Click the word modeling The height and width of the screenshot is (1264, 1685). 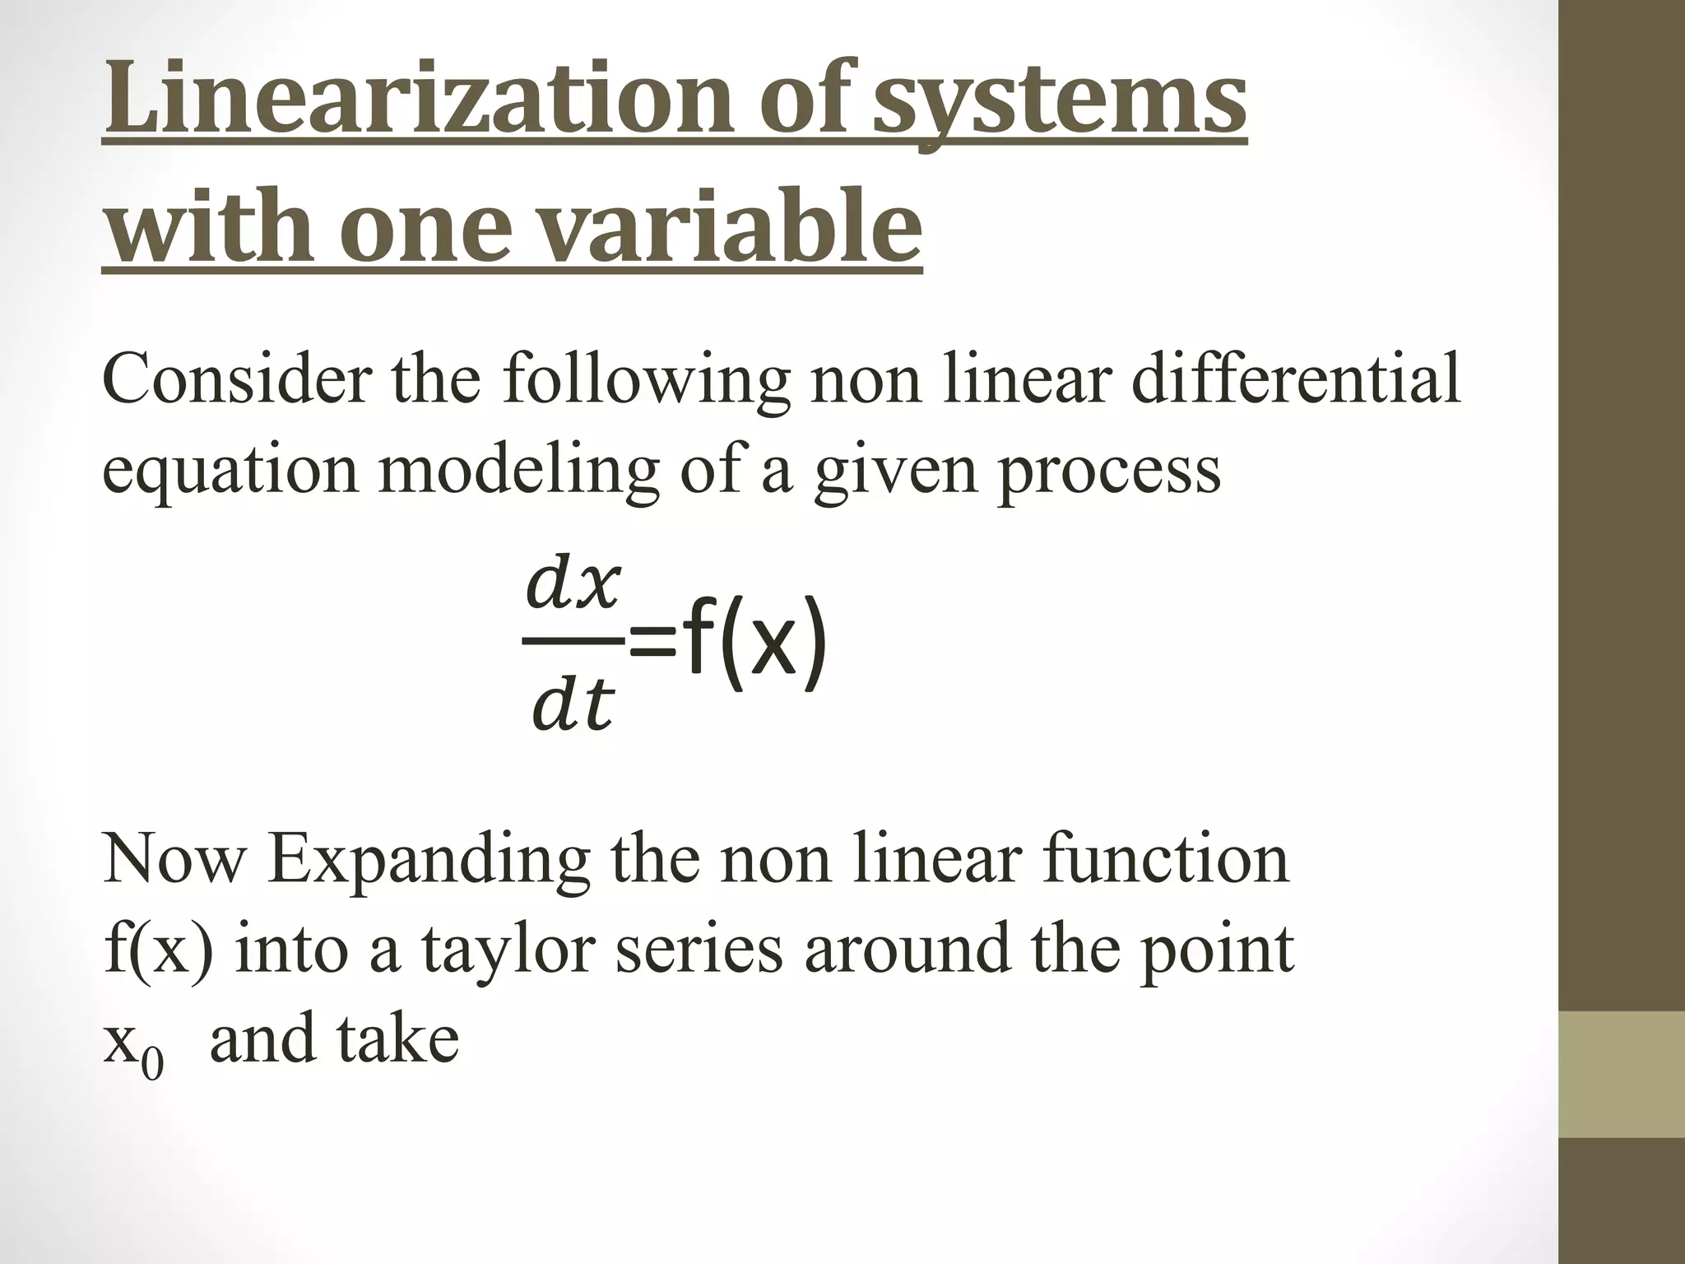click(518, 471)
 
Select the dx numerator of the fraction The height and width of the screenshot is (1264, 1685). click(572, 585)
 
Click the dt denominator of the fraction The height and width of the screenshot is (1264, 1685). click(572, 706)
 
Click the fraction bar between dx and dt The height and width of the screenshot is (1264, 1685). click(572, 641)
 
